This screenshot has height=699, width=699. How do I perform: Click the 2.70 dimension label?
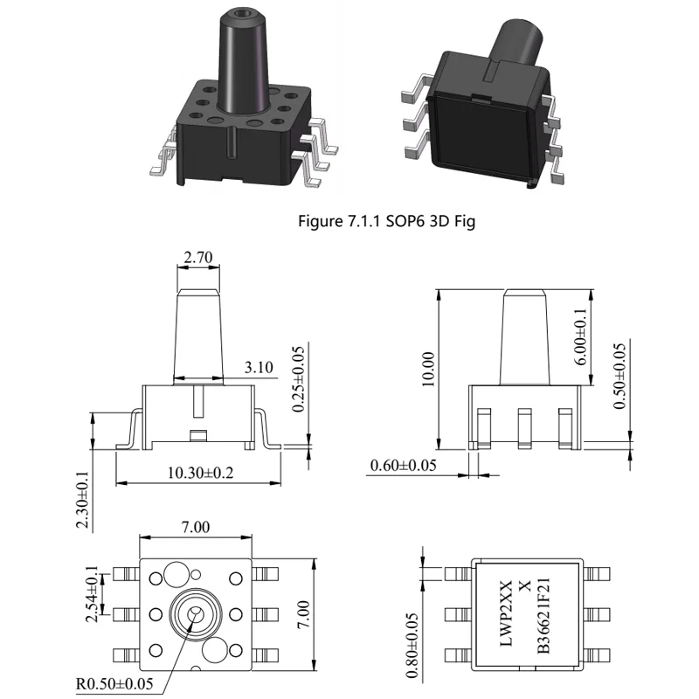(198, 257)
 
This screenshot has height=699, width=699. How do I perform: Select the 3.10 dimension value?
(259, 367)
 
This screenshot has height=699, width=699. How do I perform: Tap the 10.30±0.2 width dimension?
(200, 473)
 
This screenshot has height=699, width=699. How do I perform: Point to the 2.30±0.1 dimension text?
(82, 499)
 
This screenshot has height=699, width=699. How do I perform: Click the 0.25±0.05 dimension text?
(298, 379)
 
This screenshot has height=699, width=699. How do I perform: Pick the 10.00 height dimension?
(428, 369)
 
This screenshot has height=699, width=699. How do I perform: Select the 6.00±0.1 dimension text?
(580, 336)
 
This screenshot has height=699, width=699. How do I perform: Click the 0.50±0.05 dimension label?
(619, 376)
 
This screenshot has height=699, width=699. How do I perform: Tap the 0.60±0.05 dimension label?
(403, 466)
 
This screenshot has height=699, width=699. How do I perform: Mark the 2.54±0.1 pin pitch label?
(92, 594)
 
